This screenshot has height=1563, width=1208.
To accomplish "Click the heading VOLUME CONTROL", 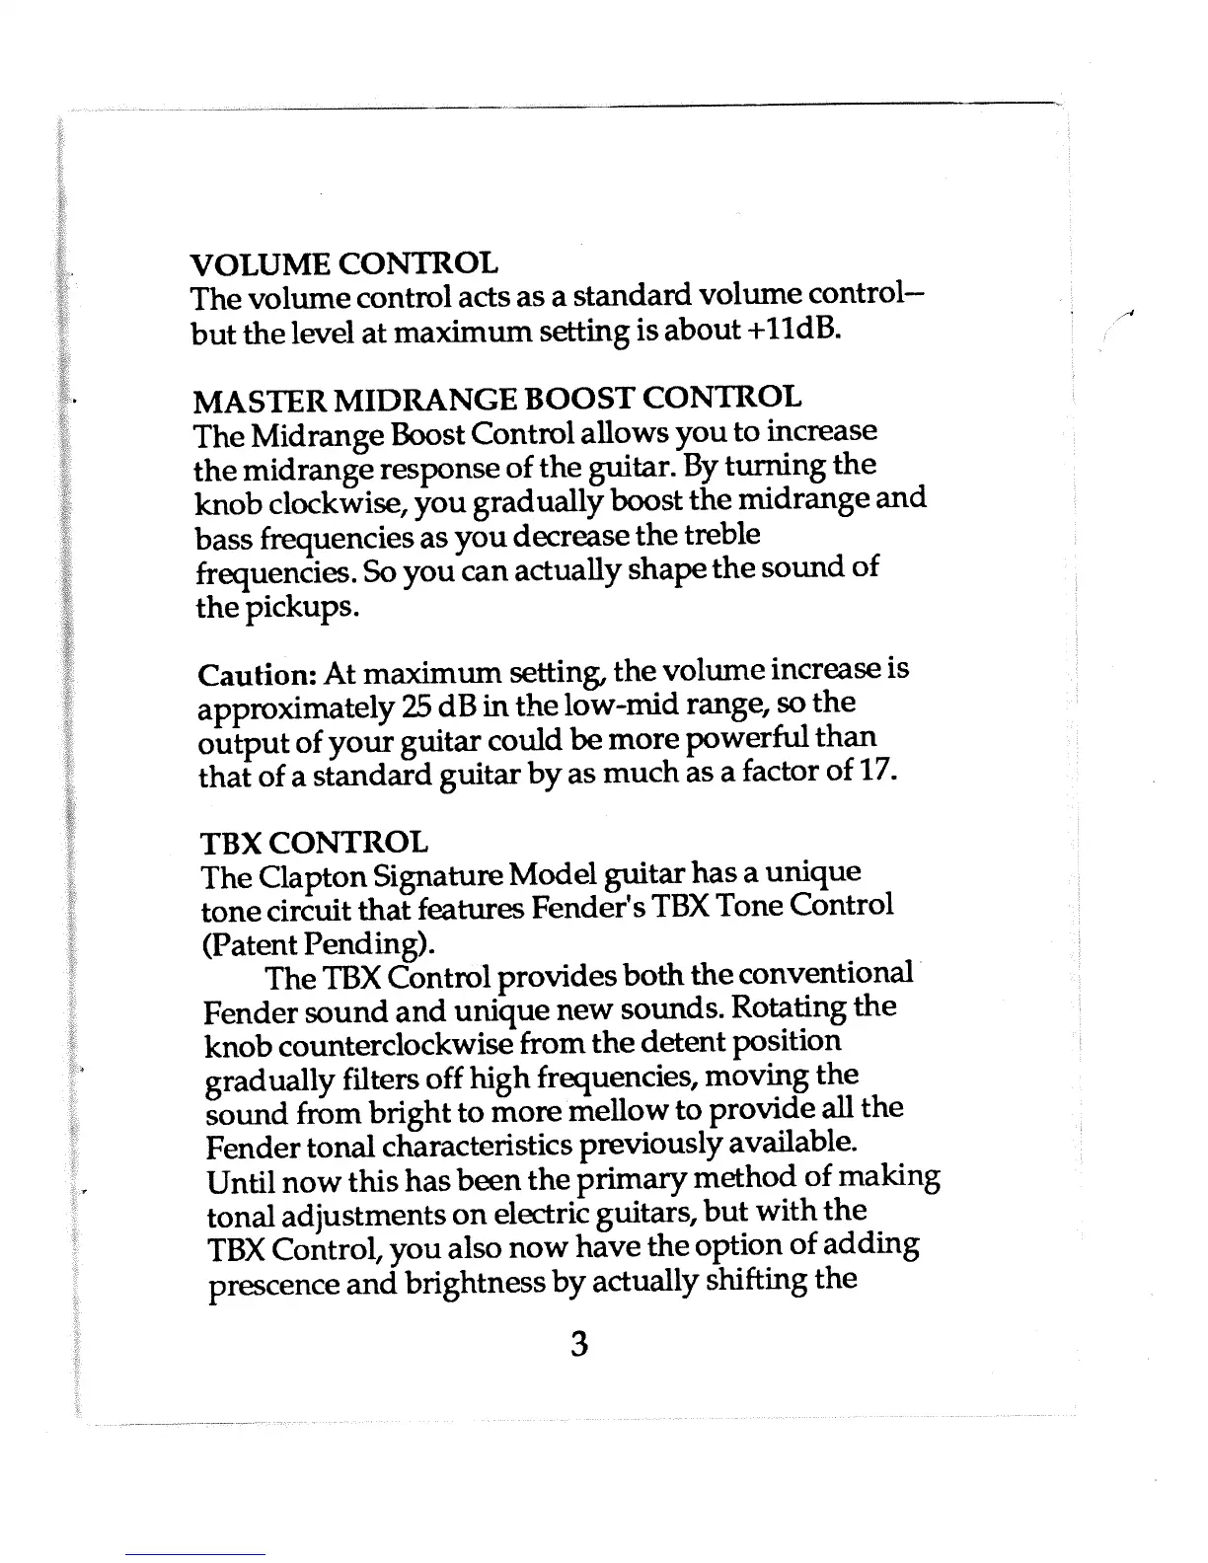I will [343, 263].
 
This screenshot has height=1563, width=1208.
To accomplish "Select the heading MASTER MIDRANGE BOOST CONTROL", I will [497, 399].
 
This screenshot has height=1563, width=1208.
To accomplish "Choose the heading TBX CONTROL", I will [315, 843].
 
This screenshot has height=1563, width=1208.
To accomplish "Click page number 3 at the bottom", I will [579, 1344].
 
